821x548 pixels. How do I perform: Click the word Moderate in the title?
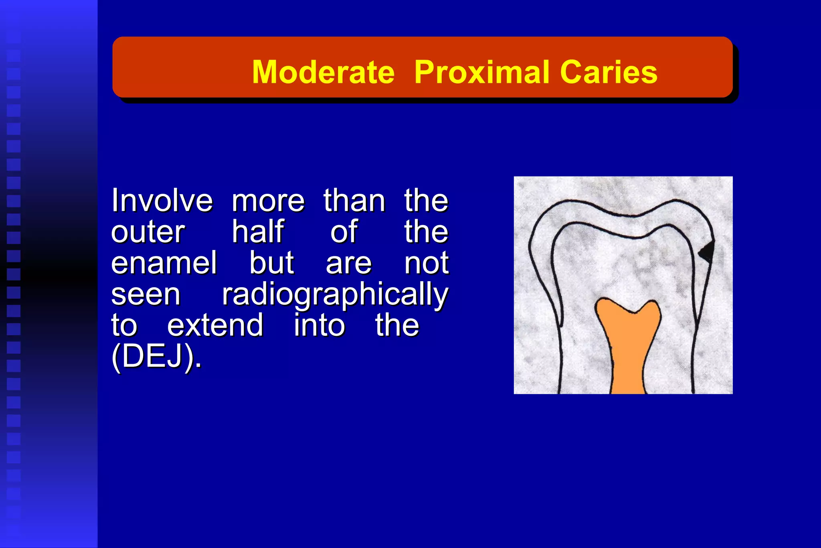pos(323,72)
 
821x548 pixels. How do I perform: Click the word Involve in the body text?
pos(162,201)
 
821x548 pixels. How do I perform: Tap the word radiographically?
pos(335,295)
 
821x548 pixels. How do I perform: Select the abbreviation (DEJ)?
pos(156,357)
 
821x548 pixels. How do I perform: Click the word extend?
pos(215,325)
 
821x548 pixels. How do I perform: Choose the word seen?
pos(146,295)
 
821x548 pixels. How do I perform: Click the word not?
pos(427,264)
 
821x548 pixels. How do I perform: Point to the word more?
pos(268,201)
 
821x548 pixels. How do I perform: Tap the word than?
pos(354,201)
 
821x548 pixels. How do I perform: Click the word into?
pos(319,325)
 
